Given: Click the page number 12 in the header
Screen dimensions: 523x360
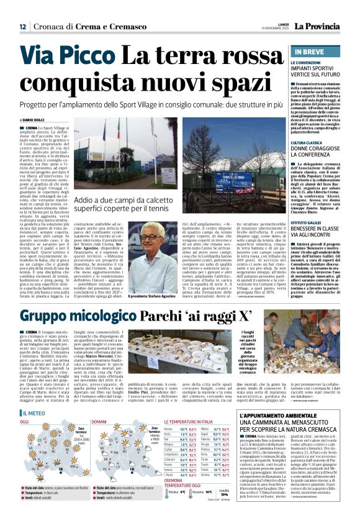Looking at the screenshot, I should tap(22, 27).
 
